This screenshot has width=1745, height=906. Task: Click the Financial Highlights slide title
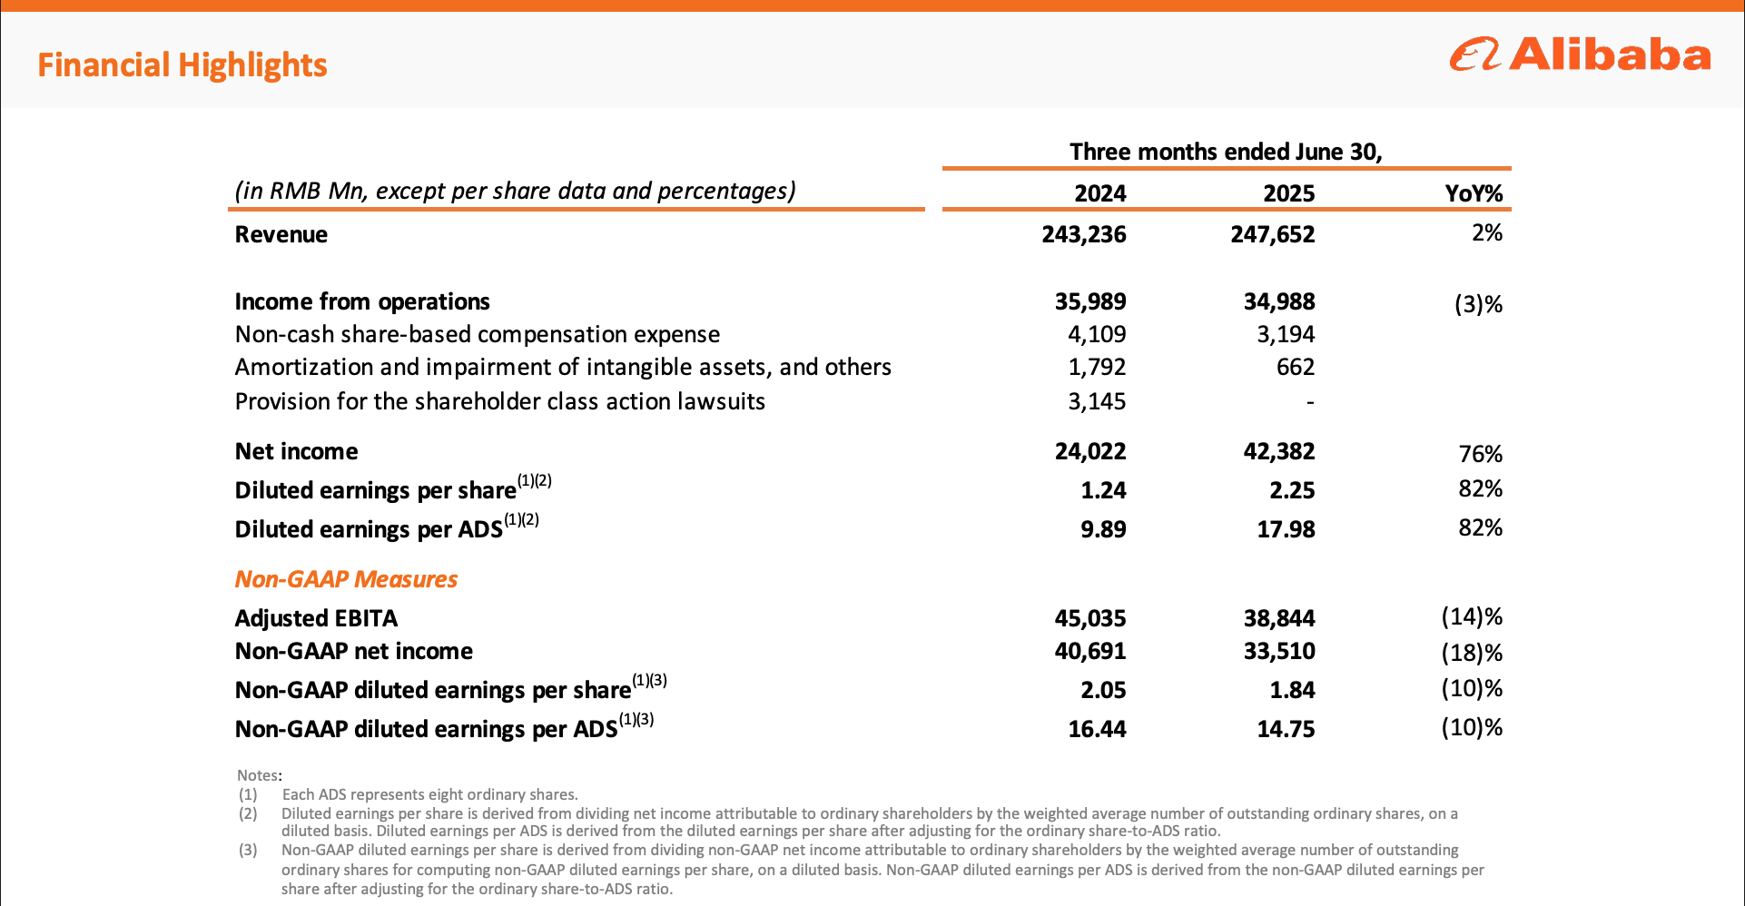[x=182, y=65]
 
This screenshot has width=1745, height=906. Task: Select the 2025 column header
[x=1288, y=193]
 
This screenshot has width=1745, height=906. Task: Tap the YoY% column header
[x=1474, y=193]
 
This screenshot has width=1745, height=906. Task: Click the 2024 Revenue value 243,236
[x=1084, y=234]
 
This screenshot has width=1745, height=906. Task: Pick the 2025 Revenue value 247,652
[x=1273, y=234]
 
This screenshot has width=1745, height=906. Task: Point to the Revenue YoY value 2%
[x=1487, y=233]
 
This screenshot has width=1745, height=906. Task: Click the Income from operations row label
[x=362, y=301]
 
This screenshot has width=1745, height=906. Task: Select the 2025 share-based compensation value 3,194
[x=1286, y=334]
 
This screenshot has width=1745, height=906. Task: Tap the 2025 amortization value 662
[x=1296, y=367]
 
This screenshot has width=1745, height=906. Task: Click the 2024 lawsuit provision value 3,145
[x=1097, y=401]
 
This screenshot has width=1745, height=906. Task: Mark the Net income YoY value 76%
[x=1481, y=453]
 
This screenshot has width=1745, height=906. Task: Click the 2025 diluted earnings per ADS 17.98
[x=1286, y=529]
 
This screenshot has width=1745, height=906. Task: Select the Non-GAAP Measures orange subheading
[x=346, y=579]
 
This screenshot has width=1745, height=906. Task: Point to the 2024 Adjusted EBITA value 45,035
[x=1090, y=618]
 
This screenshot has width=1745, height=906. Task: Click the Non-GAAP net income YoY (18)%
[x=1472, y=653]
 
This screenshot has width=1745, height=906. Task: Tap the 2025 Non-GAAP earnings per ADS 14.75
[x=1286, y=729]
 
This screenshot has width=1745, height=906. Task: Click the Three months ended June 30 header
[x=1226, y=152]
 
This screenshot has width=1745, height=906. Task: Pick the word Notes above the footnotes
[x=259, y=775]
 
